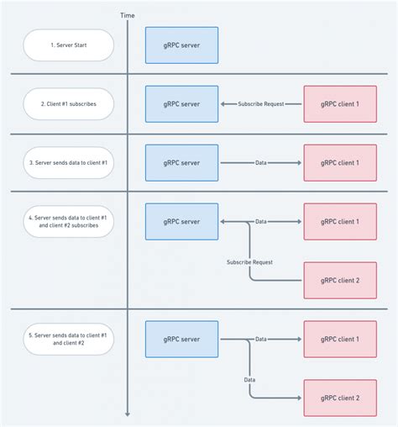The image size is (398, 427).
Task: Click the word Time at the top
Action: (x=128, y=15)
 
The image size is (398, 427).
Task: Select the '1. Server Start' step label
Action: (x=68, y=45)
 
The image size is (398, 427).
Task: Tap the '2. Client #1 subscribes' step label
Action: (x=68, y=104)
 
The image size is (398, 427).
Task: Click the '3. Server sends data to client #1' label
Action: (x=68, y=162)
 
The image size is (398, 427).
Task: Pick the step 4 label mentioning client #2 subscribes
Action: (x=68, y=221)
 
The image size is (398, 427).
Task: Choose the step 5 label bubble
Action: (x=68, y=339)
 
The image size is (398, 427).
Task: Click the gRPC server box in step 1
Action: (x=181, y=45)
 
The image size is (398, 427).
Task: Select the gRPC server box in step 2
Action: (x=181, y=104)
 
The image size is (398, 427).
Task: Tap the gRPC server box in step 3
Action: (x=181, y=162)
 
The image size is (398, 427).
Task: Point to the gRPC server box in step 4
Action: (x=181, y=221)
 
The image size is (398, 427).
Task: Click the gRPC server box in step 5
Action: (x=181, y=339)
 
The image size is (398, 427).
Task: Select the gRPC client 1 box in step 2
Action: (x=340, y=104)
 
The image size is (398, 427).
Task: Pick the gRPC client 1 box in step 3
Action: (x=340, y=162)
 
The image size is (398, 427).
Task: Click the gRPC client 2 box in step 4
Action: (x=340, y=280)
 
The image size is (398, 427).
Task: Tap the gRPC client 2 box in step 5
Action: (x=340, y=397)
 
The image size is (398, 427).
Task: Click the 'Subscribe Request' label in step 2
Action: (x=261, y=104)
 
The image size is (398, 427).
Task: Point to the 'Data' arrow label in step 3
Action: (x=261, y=162)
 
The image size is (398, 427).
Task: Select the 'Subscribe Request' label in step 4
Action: (x=249, y=262)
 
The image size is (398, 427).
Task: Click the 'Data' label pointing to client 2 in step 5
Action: (x=249, y=379)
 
